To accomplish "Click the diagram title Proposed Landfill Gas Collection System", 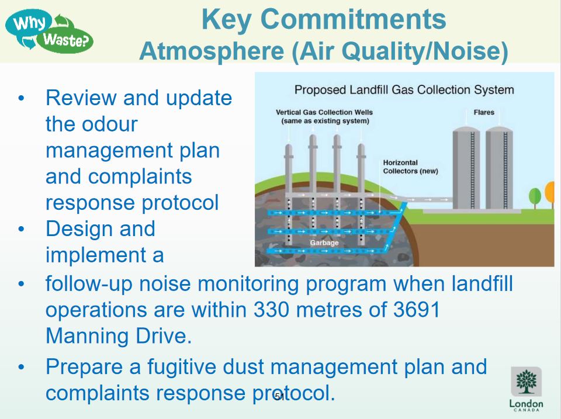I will tap(404, 89).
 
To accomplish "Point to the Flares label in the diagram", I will tap(483, 112).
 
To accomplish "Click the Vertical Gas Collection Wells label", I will tap(324, 116).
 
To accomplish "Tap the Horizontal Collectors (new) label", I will tap(410, 167).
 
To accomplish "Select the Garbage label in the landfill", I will tap(324, 243).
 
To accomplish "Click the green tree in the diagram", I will tap(534, 196).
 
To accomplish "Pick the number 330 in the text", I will tap(272, 310).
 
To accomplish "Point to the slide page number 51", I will tap(279, 397).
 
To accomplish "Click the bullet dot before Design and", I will tap(22, 229).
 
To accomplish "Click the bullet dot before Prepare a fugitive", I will tap(22, 368).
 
